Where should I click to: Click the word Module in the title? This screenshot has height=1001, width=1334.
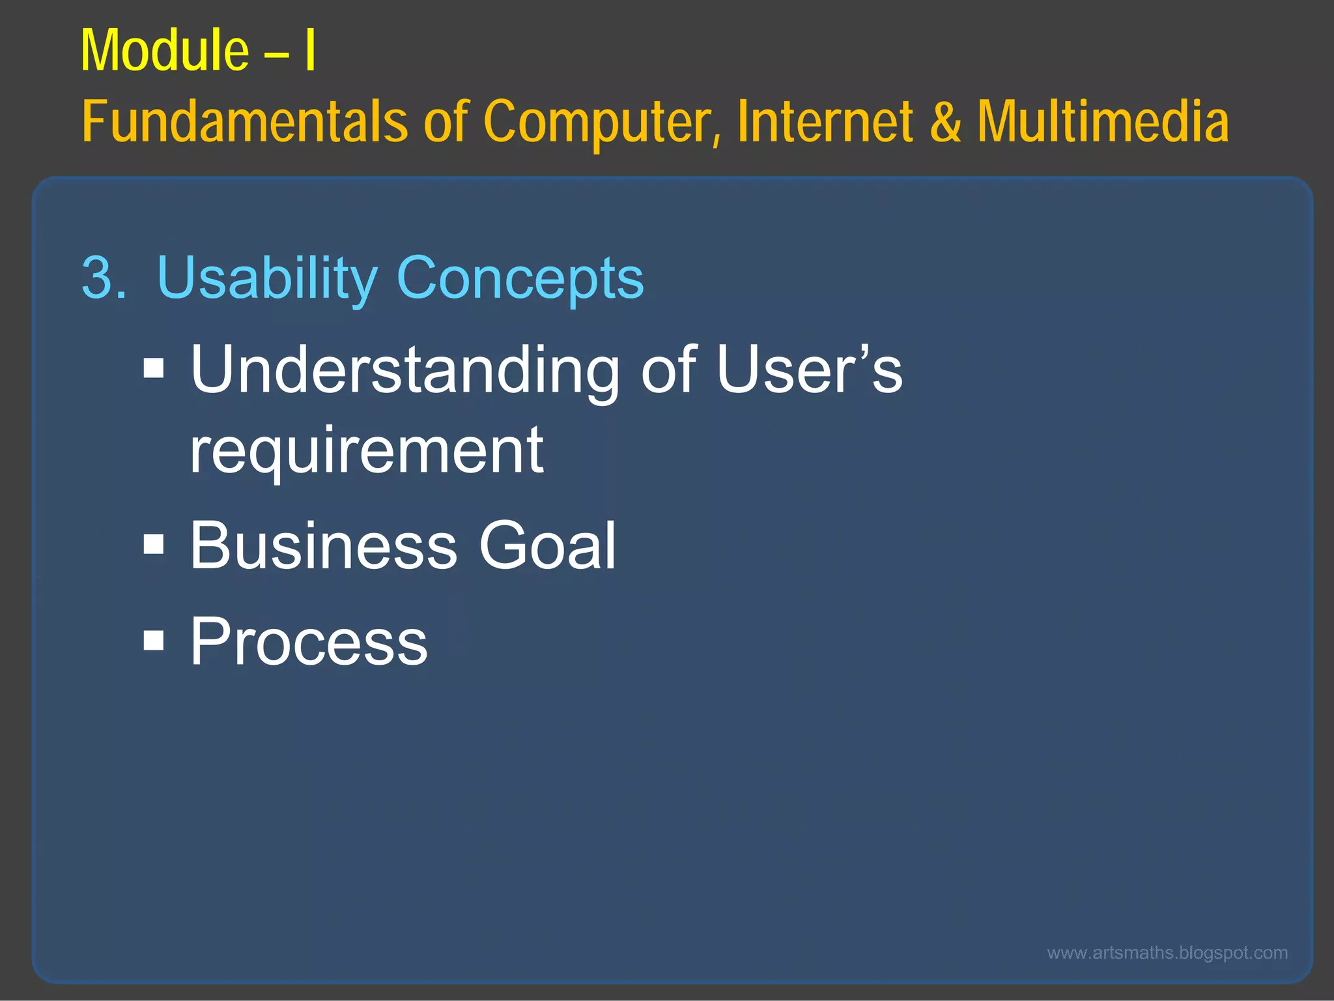click(x=164, y=51)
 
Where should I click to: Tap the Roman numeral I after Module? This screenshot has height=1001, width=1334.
click(x=310, y=51)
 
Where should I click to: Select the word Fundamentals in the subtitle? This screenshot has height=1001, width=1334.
click(x=244, y=122)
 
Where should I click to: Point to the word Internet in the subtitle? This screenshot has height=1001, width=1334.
click(x=826, y=122)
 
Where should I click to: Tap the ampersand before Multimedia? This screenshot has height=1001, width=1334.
click(x=945, y=122)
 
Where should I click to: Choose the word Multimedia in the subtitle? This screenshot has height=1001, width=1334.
click(x=1103, y=122)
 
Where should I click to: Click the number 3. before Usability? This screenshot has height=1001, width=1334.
click(x=104, y=278)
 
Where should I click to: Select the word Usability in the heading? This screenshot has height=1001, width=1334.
click(x=267, y=278)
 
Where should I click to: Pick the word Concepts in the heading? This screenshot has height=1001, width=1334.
click(x=520, y=278)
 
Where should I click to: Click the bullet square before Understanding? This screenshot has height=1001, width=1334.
click(x=154, y=368)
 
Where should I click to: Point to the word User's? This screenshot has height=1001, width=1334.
click(x=809, y=370)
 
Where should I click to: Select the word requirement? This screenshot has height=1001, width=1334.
click(x=367, y=451)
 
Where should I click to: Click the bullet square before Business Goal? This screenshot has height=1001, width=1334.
click(x=154, y=544)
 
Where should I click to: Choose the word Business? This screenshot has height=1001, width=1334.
click(x=324, y=545)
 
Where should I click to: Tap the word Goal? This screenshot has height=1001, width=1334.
click(x=547, y=545)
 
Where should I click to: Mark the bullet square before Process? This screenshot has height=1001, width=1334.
click(x=154, y=640)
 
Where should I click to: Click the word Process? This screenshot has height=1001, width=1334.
click(x=309, y=643)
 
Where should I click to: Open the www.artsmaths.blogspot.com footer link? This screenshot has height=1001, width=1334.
click(x=1167, y=953)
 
